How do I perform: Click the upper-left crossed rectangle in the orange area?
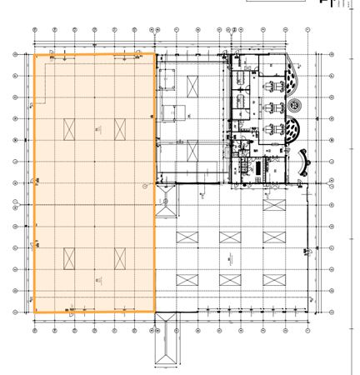pos(70,129)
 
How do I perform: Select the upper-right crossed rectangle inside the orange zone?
pos(120,129)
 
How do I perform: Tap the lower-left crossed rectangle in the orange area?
pos(70,257)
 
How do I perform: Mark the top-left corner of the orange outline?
pos(33,55)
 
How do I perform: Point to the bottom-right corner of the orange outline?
pos(154,312)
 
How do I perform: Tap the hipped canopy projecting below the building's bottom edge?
pos(166,342)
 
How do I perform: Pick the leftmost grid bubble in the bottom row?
pos(35,330)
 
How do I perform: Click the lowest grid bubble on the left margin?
pos(16,312)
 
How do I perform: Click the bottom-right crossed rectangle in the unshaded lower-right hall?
pos(272,279)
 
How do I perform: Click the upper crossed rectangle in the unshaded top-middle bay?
pos(192,86)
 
